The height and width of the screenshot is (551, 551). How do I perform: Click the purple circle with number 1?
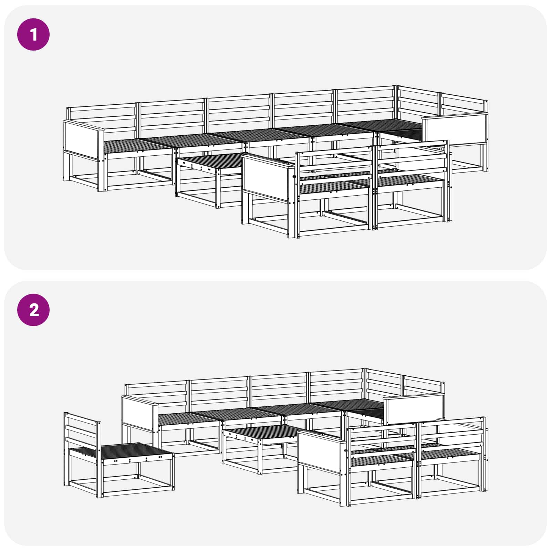(x=33, y=34)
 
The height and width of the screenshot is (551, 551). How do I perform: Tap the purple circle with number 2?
(x=33, y=310)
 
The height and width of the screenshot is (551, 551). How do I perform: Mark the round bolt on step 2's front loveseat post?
(x=345, y=451)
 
